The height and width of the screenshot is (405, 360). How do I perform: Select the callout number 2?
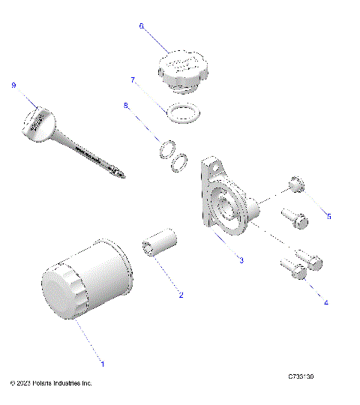pos(180,294)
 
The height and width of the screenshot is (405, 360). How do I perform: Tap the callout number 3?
pos(241,260)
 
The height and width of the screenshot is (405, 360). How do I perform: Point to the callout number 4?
pos(325,303)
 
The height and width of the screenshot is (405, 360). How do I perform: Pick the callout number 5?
pos(328,216)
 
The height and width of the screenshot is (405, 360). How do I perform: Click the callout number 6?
pos(140,25)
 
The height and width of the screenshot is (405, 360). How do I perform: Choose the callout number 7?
pos(133,79)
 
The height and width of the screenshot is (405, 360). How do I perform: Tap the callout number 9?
pos(13,85)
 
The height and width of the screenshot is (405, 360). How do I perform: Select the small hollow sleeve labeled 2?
pos(159,246)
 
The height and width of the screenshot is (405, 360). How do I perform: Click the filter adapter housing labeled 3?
pos(225,199)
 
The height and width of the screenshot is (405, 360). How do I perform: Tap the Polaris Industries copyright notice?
pos(51,382)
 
